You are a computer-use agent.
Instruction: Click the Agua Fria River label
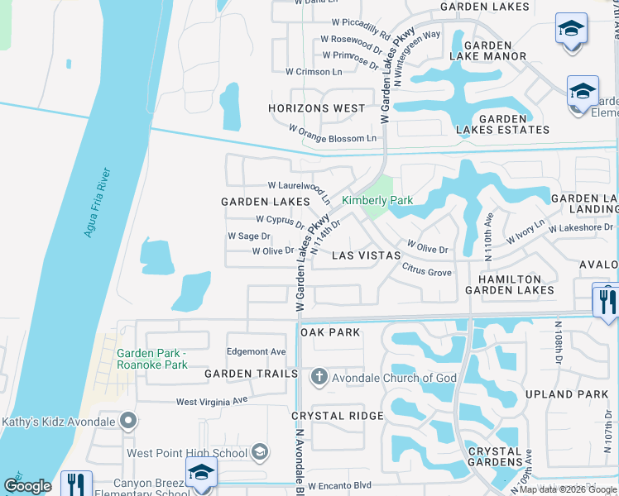click(x=98, y=203)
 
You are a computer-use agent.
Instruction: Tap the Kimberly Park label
click(x=377, y=201)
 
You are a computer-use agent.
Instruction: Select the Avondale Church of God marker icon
click(x=319, y=378)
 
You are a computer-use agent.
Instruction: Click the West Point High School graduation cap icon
click(x=260, y=451)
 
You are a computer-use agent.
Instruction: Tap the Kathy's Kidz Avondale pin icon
click(x=127, y=422)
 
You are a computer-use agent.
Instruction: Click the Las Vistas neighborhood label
click(x=366, y=256)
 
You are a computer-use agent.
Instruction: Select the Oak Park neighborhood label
click(x=330, y=332)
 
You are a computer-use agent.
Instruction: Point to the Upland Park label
click(x=570, y=394)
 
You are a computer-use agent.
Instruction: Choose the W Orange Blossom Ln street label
click(x=332, y=133)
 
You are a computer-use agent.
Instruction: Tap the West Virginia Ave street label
click(x=212, y=401)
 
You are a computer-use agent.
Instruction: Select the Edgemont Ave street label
click(x=256, y=351)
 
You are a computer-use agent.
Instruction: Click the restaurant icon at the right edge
click(x=605, y=299)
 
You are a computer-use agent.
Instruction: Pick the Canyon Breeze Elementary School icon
click(x=201, y=474)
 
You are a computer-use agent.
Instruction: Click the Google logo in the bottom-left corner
click(x=27, y=487)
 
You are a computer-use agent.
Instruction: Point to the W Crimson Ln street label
click(x=314, y=72)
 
